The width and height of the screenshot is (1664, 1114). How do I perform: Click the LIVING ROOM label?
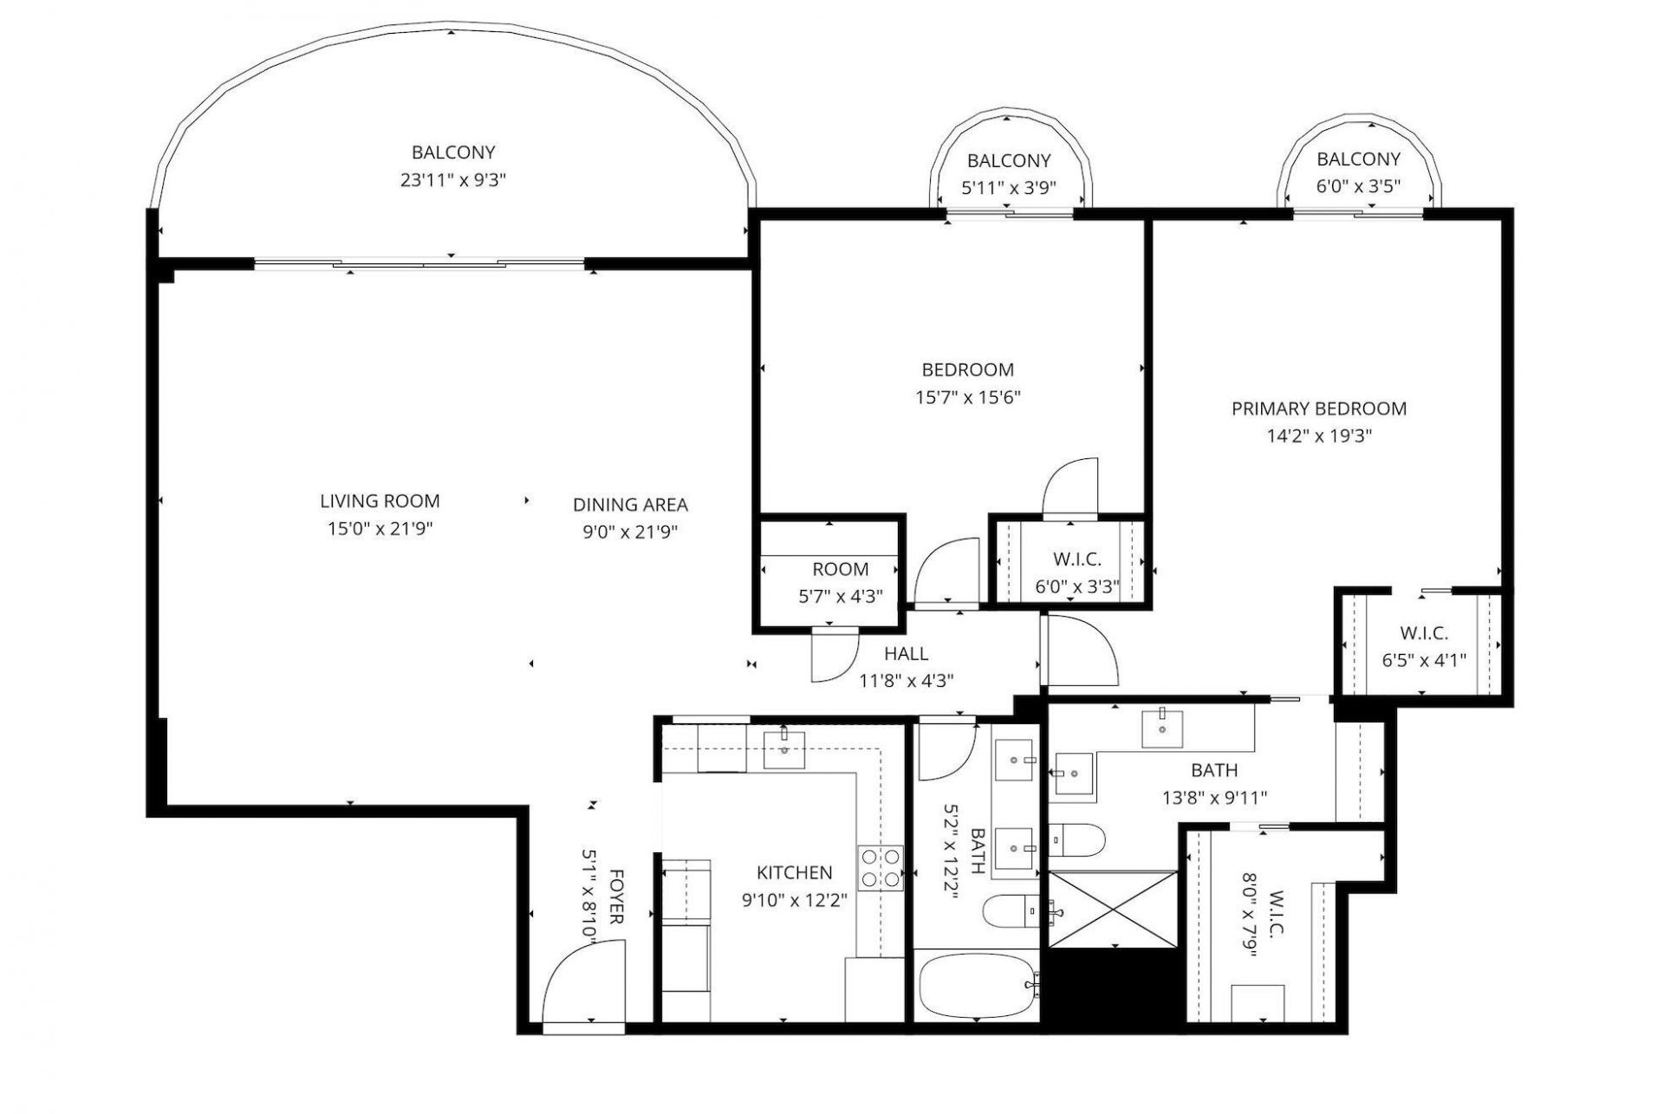click(x=380, y=501)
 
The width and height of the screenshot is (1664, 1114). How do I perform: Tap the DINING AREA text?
click(x=630, y=504)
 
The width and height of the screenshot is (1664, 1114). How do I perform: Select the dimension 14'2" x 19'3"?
click(x=1318, y=436)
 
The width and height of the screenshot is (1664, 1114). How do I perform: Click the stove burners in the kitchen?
click(x=880, y=867)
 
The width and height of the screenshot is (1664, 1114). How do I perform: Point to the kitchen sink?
click(x=783, y=749)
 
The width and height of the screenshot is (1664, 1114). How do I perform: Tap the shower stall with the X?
click(x=1113, y=909)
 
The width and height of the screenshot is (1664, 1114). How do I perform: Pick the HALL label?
click(x=906, y=654)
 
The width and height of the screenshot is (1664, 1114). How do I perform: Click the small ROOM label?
click(x=840, y=569)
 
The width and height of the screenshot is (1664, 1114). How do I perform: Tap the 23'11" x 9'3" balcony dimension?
click(x=453, y=180)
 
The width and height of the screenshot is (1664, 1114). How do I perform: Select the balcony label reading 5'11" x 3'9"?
click(x=1008, y=188)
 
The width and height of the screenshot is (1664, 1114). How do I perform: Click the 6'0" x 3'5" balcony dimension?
click(x=1357, y=186)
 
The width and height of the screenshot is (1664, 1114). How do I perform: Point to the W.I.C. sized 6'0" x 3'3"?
click(x=1076, y=586)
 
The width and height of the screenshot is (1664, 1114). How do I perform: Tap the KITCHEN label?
click(x=794, y=873)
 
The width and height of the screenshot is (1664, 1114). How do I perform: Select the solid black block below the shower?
click(x=1113, y=985)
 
